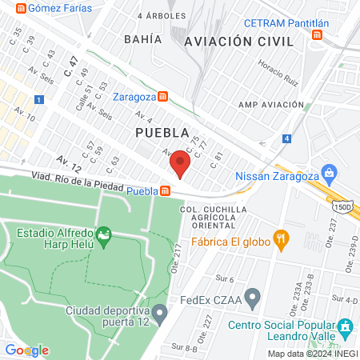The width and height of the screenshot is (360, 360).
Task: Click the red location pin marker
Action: (x=180, y=166)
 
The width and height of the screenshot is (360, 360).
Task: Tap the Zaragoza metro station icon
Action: (x=163, y=97)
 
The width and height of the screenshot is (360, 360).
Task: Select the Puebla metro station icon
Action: (x=166, y=191)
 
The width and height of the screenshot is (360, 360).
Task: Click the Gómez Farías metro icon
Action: (x=19, y=8)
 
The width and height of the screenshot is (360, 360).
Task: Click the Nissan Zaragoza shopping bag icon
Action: (x=329, y=174)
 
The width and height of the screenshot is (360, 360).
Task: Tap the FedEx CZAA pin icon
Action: (x=253, y=300)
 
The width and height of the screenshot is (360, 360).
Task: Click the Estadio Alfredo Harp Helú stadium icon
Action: (x=102, y=235)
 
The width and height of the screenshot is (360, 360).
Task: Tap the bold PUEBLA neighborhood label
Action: (x=162, y=132)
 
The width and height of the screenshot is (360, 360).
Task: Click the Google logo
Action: (x=26, y=350)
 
